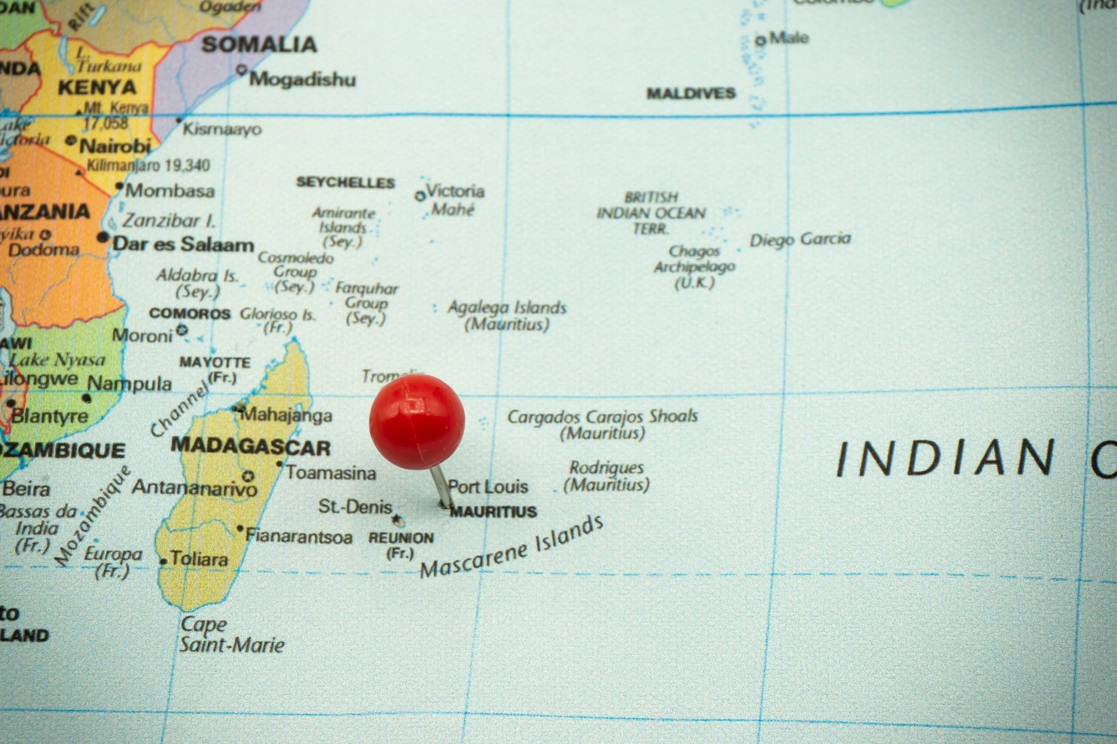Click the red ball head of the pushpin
point(417,421)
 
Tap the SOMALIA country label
point(259,45)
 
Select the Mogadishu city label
point(302,80)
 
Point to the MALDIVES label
point(691,94)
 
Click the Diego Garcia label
point(800,239)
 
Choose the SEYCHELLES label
point(346,183)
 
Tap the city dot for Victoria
point(420,196)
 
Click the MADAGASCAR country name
point(251,447)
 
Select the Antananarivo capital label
point(195,487)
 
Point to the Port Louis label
point(488,486)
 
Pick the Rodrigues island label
point(606,468)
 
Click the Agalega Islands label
point(507,308)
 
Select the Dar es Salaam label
point(183,245)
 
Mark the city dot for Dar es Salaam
point(103,237)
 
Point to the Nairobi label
point(115,146)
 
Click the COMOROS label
point(190,314)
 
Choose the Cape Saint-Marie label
point(232,635)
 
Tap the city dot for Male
point(761,40)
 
